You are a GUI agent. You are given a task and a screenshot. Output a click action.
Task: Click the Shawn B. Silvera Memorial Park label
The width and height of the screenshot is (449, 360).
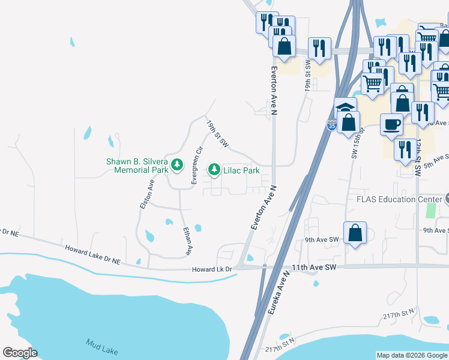click(137, 166)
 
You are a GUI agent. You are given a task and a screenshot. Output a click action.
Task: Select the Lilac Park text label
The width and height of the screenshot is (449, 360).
click(241, 171)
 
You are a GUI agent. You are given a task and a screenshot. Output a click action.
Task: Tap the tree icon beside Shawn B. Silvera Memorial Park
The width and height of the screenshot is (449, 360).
click(176, 164)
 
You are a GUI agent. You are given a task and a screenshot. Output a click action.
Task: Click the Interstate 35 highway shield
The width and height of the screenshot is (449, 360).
click(331, 126)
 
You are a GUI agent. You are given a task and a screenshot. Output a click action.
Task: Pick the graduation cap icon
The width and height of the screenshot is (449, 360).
click(345, 108)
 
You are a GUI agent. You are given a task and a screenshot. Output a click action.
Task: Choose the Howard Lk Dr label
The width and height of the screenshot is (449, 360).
click(212, 269)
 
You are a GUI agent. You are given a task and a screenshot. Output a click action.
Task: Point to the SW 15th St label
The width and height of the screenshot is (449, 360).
click(358, 146)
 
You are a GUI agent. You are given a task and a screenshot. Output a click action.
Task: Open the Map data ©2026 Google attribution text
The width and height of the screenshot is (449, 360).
click(412, 355)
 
